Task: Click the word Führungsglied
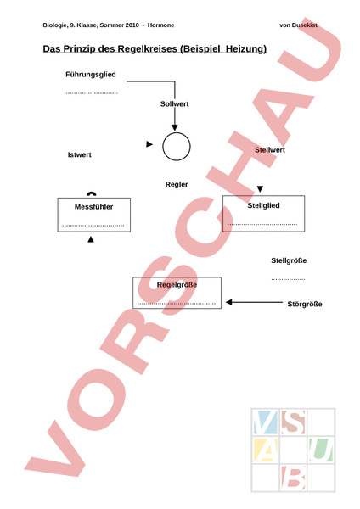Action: tap(91, 75)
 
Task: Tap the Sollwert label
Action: tap(174, 103)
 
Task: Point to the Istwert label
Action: tap(80, 155)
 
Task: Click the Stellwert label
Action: tap(270, 150)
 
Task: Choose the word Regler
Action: tap(177, 184)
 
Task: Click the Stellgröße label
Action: tap(289, 260)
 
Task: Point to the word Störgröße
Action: tap(305, 305)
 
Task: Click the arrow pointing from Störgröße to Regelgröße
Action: tap(254, 302)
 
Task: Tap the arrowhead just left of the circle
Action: tap(149, 144)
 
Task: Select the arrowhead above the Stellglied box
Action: tap(260, 189)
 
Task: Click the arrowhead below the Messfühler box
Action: tap(91, 239)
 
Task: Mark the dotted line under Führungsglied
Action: tap(92, 93)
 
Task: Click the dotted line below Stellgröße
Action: tap(288, 279)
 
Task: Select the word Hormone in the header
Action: tap(160, 25)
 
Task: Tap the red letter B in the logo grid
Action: tap(293, 478)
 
